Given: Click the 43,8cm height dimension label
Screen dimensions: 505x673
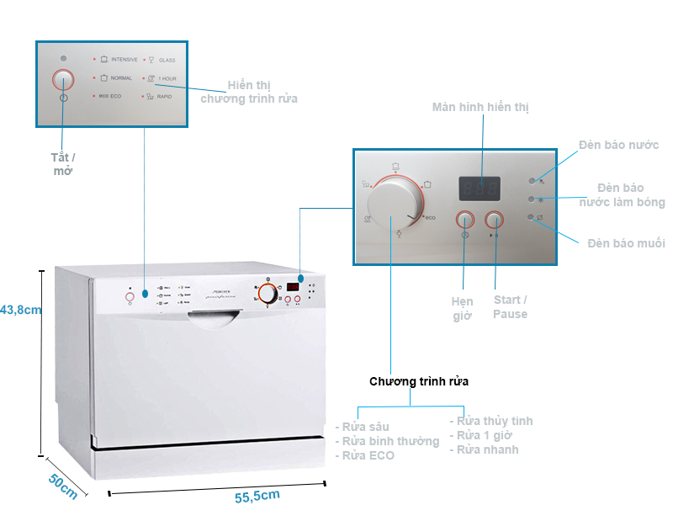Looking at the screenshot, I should (x=21, y=309).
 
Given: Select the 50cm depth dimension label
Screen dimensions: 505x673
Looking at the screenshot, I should (x=62, y=485).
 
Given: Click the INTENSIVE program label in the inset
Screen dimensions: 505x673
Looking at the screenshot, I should (x=124, y=60).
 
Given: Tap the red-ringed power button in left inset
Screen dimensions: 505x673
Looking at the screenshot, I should (x=64, y=79).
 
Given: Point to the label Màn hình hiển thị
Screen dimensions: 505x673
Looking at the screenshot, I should (x=480, y=107).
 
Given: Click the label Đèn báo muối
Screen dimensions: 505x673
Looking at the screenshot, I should (x=626, y=243).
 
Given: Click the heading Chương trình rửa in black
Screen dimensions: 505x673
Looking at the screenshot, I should (x=419, y=381).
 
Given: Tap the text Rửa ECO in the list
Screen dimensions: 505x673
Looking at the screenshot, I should (x=368, y=455).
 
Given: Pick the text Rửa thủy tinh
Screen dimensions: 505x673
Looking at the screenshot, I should (x=495, y=421).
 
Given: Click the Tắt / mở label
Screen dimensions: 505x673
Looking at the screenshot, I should (x=63, y=164).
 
